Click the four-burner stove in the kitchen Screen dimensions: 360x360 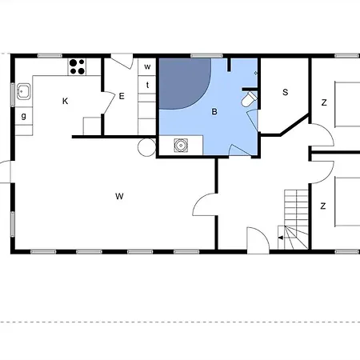pyautogui.click(x=77, y=66)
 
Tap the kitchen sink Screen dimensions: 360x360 pyautogui.click(x=23, y=91)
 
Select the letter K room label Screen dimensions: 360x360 pyautogui.click(x=65, y=101)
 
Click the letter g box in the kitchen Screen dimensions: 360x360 pyautogui.click(x=24, y=116)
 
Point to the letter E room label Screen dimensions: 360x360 pyautogui.click(x=122, y=96)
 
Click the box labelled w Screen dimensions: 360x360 pyautogui.click(x=147, y=66)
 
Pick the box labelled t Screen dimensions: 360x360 pyautogui.click(x=147, y=85)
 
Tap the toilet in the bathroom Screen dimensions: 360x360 pyautogui.click(x=249, y=99)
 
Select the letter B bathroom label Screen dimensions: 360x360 pyautogui.click(x=214, y=112)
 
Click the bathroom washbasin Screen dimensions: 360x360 pyautogui.click(x=181, y=146)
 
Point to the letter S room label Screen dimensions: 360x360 pyautogui.click(x=286, y=92)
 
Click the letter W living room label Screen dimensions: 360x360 pyautogui.click(x=119, y=196)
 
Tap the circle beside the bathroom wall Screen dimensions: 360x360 pyautogui.click(x=146, y=147)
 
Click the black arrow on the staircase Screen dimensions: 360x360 pyautogui.click(x=280, y=238)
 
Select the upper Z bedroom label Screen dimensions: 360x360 pyautogui.click(x=324, y=102)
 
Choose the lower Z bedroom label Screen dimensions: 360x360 pyautogui.click(x=323, y=206)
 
